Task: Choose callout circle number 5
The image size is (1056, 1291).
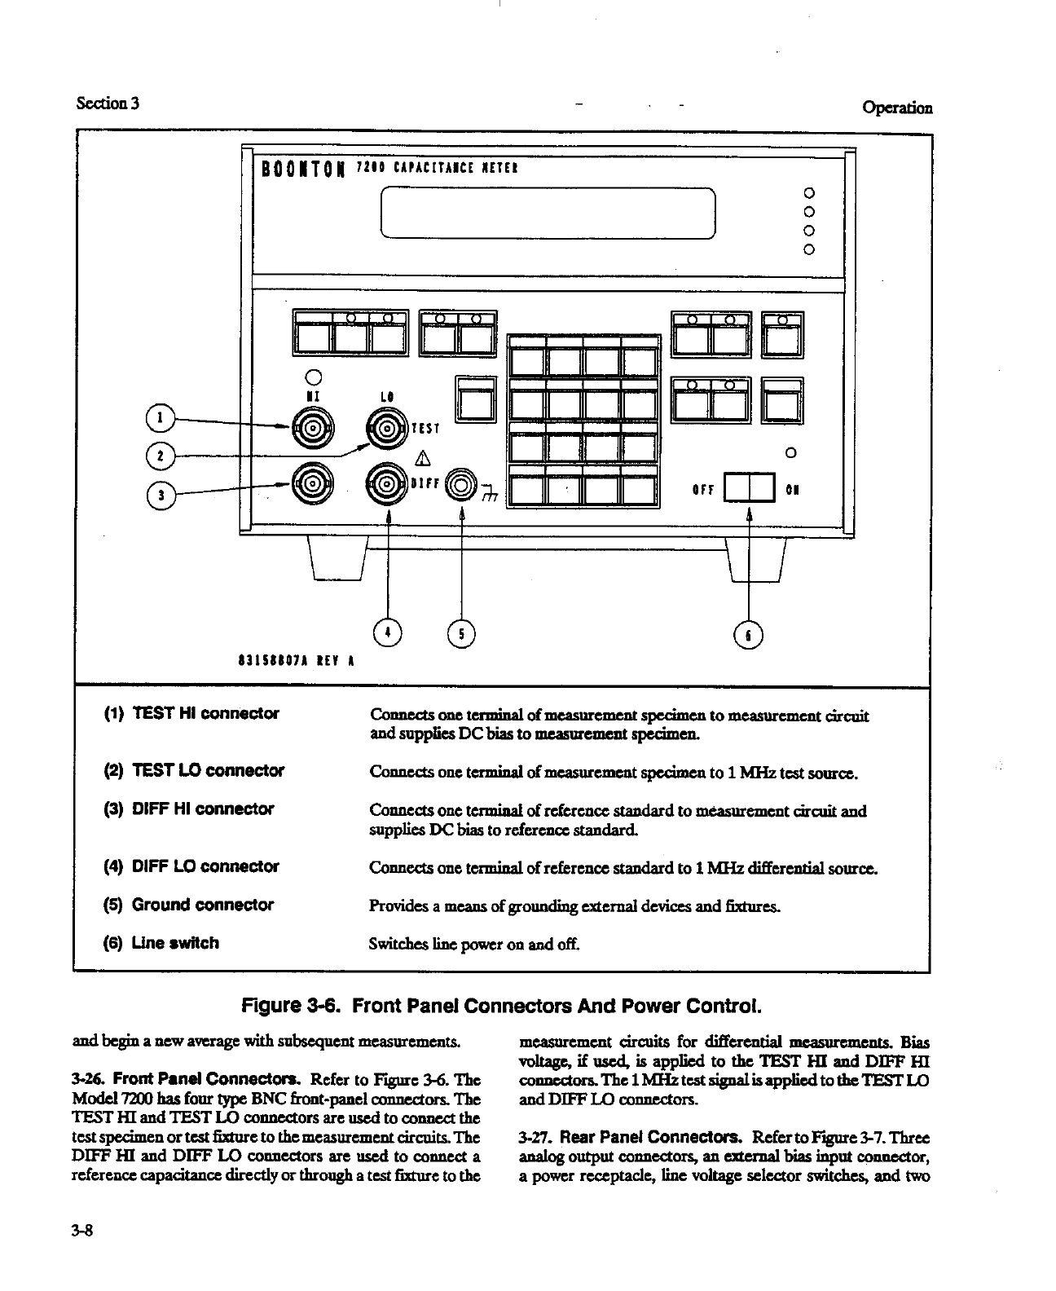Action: pos(462,632)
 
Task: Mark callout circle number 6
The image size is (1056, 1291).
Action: pos(748,634)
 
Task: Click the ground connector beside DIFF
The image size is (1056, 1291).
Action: pos(462,484)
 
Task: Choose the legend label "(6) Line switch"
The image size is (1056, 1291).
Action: pos(161,943)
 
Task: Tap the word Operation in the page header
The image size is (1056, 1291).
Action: pos(896,108)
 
